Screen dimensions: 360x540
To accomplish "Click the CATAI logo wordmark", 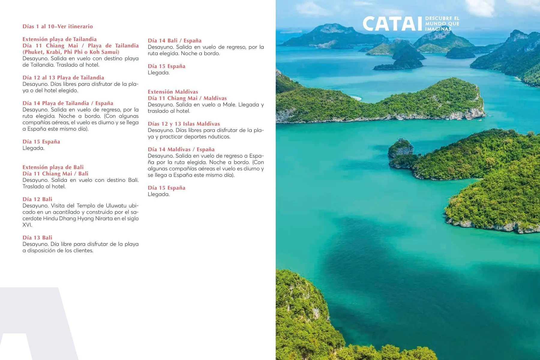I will [392, 24].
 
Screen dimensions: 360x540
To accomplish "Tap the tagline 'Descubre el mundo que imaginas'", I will [442, 24].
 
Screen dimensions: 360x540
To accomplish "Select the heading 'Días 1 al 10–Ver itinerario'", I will [58, 26].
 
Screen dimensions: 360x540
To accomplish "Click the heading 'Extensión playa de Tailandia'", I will [59, 39].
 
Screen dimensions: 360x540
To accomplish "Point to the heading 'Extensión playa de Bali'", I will [53, 167].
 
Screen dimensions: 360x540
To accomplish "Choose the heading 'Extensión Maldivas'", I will [173, 92].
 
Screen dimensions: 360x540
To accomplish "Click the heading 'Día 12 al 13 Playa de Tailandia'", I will [63, 78].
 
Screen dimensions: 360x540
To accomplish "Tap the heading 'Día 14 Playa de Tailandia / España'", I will [68, 103].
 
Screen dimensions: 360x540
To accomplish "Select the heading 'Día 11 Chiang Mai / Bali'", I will [55, 174].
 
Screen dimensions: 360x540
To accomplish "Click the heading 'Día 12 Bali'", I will [37, 199].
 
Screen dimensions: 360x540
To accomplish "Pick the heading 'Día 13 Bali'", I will [37, 238].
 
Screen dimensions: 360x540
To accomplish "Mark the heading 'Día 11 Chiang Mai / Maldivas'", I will [187, 98].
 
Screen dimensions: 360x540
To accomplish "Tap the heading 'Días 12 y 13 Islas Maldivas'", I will [184, 124].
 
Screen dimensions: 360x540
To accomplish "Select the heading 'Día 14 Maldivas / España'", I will [181, 149].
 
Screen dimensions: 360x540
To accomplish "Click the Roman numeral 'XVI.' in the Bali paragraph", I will [27, 225].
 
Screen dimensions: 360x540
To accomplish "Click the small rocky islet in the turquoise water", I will [401, 148].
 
